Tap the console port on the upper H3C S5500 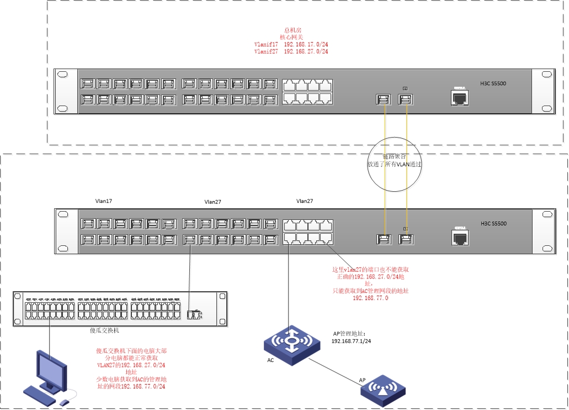click(459, 98)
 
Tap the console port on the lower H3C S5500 click(459, 238)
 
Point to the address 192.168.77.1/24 click(351, 341)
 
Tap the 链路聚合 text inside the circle click(395, 156)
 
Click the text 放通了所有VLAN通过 click(395, 164)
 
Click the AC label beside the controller click(270, 360)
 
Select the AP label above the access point click(361, 380)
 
